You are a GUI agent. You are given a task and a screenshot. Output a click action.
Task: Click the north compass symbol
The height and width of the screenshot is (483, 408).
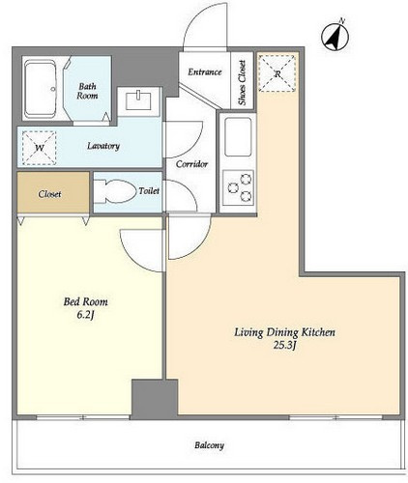pos(335,37)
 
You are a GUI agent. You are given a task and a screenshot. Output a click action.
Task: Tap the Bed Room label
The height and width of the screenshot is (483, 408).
pos(86,301)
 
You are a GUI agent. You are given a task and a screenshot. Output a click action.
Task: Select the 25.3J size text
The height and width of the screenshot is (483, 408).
pos(284,346)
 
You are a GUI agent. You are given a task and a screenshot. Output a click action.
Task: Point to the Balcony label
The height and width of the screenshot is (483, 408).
pos(209,445)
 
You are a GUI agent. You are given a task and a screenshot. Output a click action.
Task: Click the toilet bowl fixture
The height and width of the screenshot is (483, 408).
pos(115,191)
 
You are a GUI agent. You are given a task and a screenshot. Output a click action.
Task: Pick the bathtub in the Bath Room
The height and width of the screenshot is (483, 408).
pos(41,89)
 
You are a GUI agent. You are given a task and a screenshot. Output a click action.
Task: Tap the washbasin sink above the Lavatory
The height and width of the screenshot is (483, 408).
pos(138,100)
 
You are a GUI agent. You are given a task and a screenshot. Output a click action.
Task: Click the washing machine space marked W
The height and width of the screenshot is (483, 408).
pos(40,148)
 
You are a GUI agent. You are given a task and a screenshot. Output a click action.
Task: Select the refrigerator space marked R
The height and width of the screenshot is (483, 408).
pos(277,73)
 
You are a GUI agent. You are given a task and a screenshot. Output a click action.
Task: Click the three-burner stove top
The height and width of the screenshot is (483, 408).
pos(238,187)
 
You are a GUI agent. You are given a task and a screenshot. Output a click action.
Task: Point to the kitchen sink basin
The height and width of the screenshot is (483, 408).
pos(238,137)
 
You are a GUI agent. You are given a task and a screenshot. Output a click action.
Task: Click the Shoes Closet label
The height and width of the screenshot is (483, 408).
pos(242,82)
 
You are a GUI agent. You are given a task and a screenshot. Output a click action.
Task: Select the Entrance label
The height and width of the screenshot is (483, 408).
pos(205,71)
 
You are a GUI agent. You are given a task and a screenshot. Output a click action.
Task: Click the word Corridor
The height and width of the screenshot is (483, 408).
pos(191,164)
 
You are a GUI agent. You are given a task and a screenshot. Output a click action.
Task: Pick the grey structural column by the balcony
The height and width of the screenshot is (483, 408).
pos(155,399)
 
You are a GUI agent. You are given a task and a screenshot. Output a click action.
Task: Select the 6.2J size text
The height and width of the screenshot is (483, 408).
pos(85,315)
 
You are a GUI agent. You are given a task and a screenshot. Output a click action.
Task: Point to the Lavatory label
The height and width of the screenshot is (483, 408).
pos(103,146)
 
